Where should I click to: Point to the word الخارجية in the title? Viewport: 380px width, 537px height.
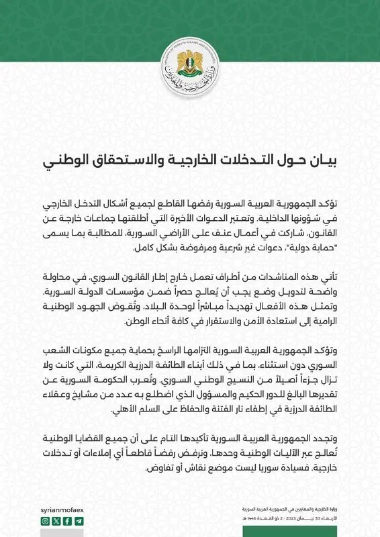click(207, 161)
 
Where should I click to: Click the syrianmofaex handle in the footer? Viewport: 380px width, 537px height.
click(63, 509)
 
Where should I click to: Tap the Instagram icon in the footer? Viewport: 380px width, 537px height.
click(46, 520)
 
